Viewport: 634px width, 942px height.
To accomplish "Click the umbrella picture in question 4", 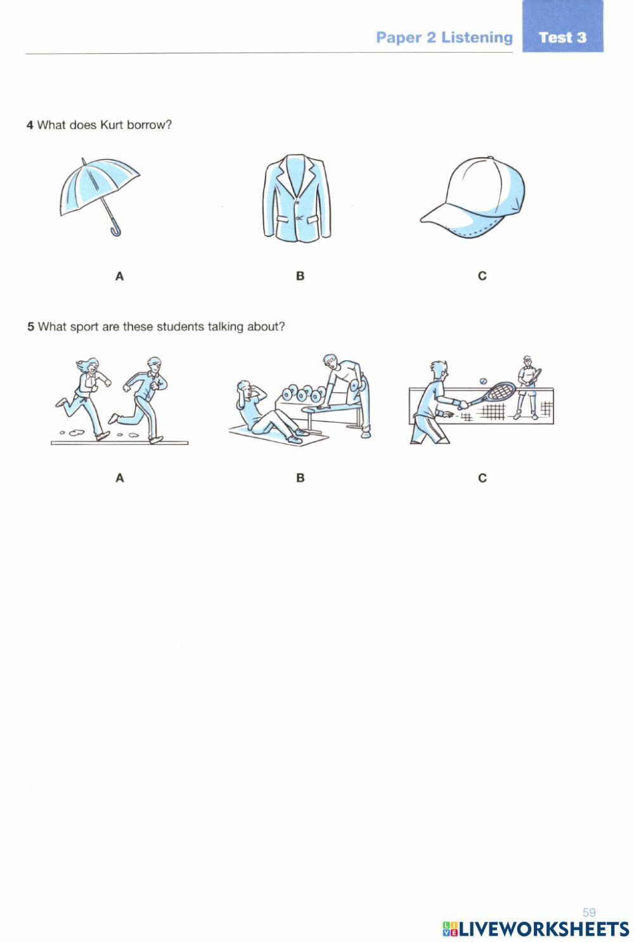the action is point(100,197).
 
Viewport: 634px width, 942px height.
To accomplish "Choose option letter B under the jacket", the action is point(300,276).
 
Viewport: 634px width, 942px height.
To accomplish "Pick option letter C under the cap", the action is point(482,276).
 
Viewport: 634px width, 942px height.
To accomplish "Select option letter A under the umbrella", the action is point(119,276).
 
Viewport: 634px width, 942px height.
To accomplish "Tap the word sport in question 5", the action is point(84,327).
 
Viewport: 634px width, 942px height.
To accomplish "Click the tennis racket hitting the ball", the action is point(492,393).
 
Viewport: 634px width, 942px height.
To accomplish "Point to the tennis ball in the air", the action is point(483,381).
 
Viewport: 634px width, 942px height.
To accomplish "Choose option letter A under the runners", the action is point(119,478).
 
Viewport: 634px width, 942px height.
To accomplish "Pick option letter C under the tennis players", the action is point(482,478).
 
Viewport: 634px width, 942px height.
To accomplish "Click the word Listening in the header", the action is point(477,38).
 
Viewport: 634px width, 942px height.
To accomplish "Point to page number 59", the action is point(589,912).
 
